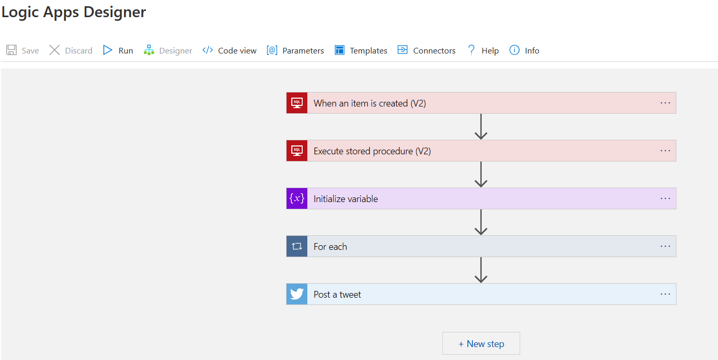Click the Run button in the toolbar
118,50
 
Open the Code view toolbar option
229,50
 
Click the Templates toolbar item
361,50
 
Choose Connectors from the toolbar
426,50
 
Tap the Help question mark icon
471,50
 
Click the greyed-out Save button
23,50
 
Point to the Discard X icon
55,50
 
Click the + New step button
481,343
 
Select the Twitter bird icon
297,294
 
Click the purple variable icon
297,198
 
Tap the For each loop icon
297,246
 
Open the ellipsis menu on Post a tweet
665,294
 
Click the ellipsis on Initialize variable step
665,198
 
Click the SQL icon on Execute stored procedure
297,151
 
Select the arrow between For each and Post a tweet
481,270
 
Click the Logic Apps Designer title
74,12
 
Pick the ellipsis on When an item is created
665,103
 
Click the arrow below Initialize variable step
481,222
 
